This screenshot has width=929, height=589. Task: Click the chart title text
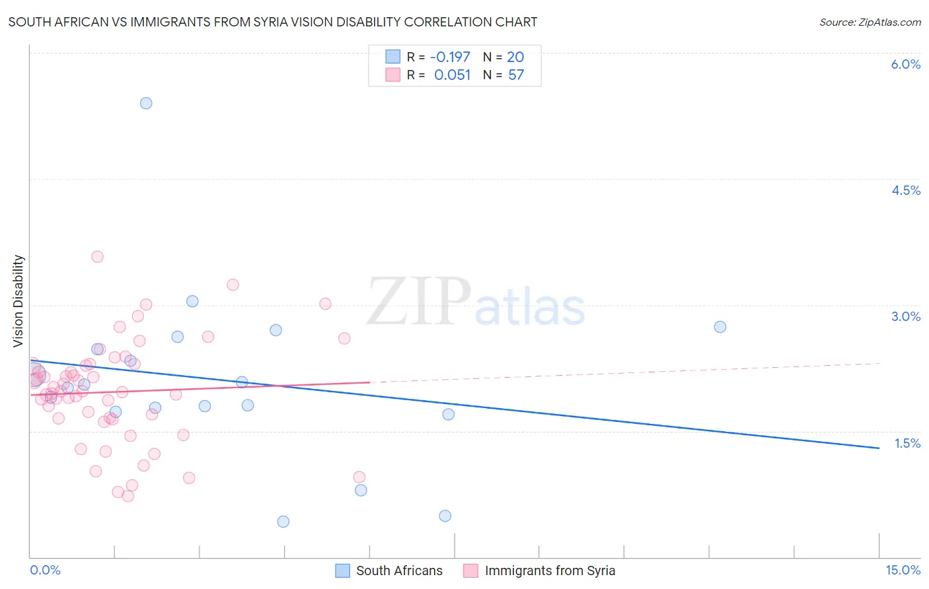coord(273,22)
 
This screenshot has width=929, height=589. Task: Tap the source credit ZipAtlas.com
coord(870,22)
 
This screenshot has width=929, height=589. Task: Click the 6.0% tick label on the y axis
coord(905,64)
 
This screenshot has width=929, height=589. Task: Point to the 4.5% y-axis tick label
coord(905,190)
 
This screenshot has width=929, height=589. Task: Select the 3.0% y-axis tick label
coord(905,316)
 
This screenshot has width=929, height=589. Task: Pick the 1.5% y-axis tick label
coord(907,443)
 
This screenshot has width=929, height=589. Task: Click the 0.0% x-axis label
coord(45,570)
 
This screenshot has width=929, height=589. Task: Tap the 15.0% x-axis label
coord(903,570)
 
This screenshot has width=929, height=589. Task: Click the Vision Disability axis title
coord(18,301)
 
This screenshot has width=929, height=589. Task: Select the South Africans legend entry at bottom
coord(389,571)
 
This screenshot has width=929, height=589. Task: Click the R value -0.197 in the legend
coord(450,57)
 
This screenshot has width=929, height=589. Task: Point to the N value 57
coord(515,75)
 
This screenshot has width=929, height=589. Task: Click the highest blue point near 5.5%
coord(146,103)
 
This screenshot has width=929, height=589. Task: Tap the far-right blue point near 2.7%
coord(720,327)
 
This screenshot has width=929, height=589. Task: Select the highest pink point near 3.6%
coord(97,257)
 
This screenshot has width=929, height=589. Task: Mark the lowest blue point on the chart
coord(283,522)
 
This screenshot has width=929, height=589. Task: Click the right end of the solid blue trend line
coord(879,448)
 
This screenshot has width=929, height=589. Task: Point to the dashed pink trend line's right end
coord(880,363)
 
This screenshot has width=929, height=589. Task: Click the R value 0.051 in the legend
coord(452,75)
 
